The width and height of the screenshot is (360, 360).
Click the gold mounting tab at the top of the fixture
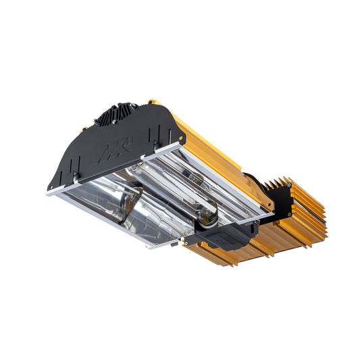(153, 103)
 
